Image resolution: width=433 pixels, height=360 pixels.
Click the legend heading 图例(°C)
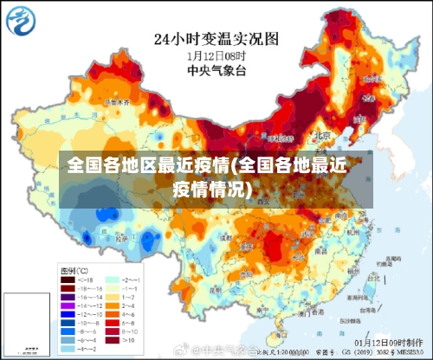coord(73,271)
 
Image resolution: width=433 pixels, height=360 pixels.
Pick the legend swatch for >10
coord(111,341)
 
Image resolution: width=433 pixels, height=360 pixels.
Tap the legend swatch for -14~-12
coord(67,305)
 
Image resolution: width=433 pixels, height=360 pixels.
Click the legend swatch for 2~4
coord(111,305)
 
